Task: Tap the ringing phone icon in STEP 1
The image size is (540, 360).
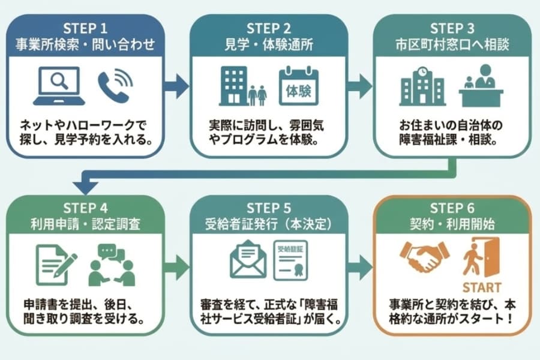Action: [115, 86]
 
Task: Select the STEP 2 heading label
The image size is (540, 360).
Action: [269, 29]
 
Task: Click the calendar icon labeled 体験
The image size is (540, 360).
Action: [298, 87]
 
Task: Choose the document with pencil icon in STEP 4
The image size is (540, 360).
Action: [56, 263]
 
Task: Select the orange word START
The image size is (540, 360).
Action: [481, 286]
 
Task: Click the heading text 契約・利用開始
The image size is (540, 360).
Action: [453, 225]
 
